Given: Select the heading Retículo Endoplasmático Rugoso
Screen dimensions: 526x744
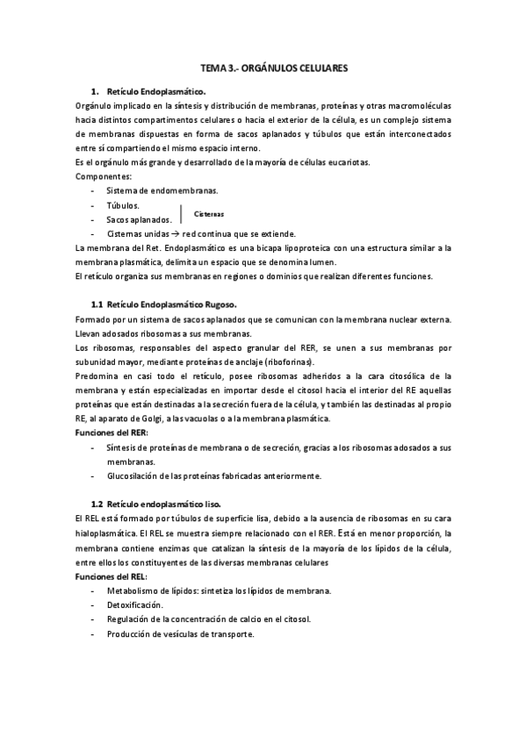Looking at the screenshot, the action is click(x=170, y=304).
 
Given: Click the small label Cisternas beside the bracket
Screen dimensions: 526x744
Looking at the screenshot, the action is click(x=208, y=213).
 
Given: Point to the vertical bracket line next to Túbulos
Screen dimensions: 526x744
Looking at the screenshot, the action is click(x=179, y=212).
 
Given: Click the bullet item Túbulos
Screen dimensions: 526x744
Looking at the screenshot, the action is click(x=122, y=204).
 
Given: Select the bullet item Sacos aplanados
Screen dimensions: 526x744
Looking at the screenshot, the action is click(x=138, y=219).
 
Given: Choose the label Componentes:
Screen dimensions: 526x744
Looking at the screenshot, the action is click(x=104, y=176).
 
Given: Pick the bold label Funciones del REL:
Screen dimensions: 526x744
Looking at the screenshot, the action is click(x=112, y=576).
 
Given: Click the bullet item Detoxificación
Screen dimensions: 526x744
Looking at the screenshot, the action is click(x=133, y=604).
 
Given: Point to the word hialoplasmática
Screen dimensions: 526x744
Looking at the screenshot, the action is click(x=106, y=533).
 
